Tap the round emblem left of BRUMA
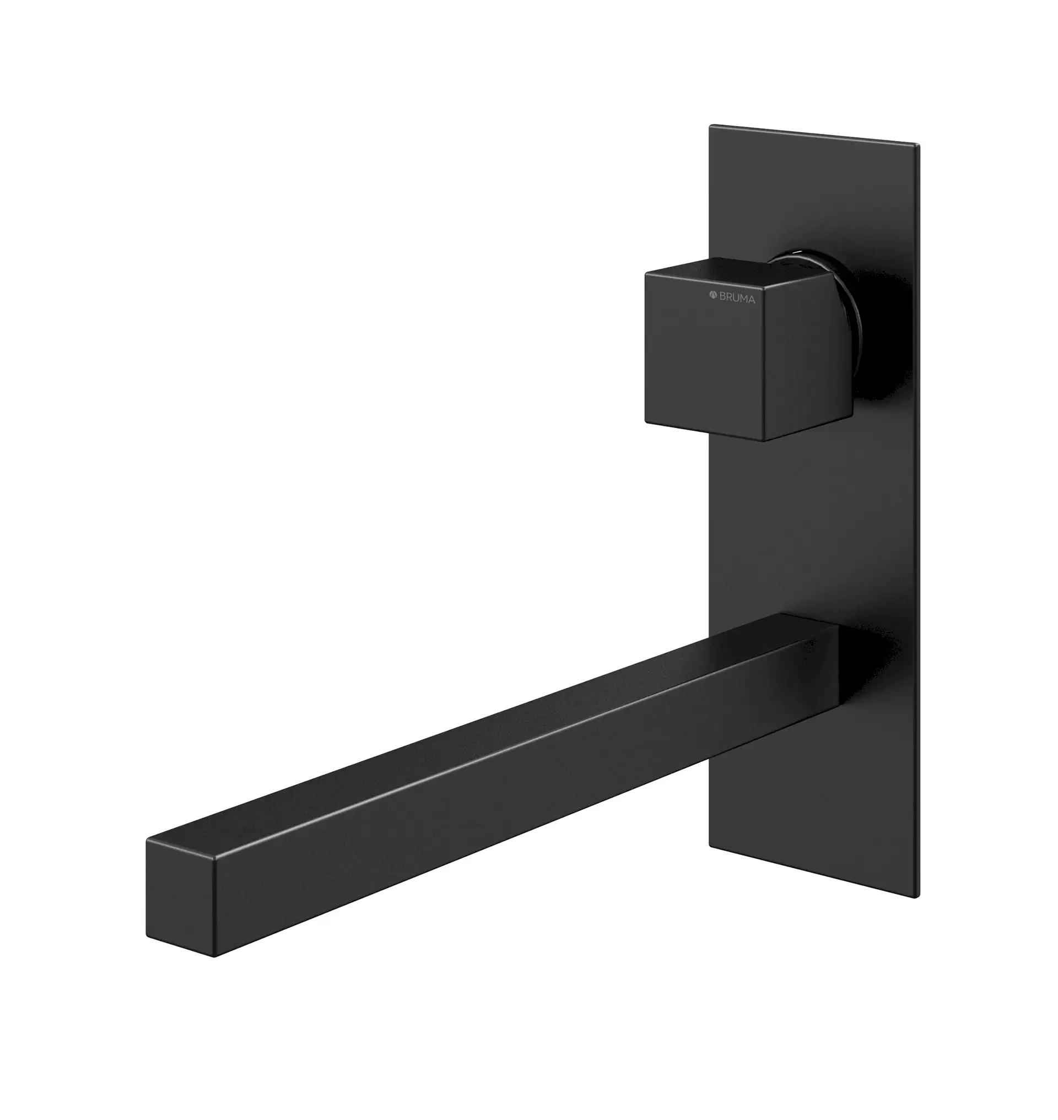click(713, 294)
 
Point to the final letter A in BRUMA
click(752, 300)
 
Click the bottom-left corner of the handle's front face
click(645, 421)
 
